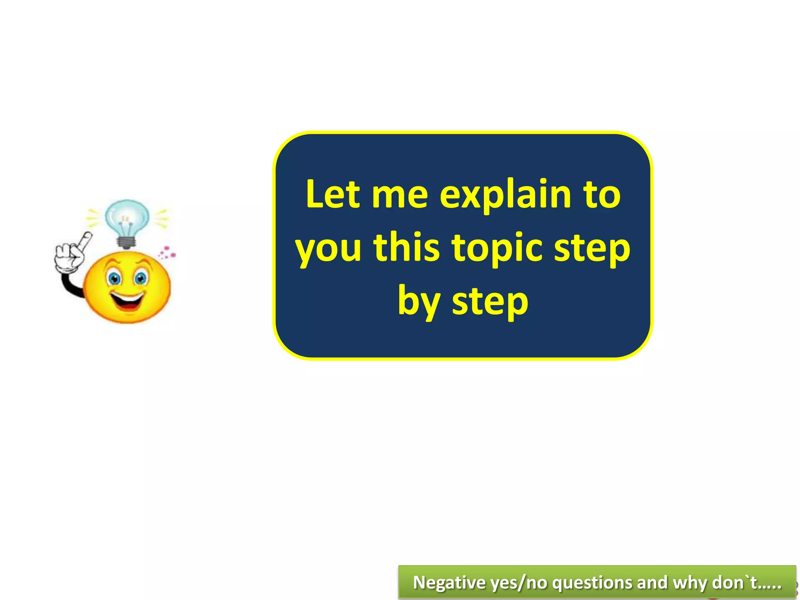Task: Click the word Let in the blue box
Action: point(332,194)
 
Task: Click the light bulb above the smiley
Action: point(127,217)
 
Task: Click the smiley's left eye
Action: point(114,278)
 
